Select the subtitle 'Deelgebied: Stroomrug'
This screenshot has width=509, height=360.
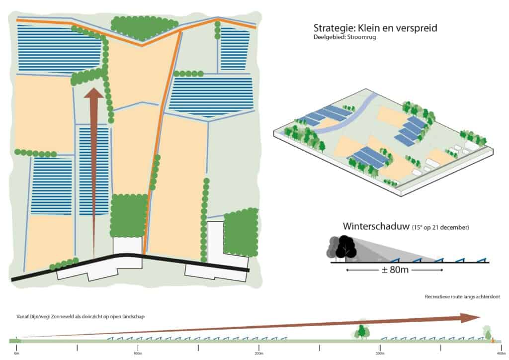coord(344,37)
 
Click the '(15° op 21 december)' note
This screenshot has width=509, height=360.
coord(440,228)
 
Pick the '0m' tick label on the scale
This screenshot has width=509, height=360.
coord(16,353)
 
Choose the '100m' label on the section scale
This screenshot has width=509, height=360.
coord(138,353)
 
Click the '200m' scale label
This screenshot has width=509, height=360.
coord(259,353)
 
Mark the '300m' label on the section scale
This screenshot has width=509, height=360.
coord(380,353)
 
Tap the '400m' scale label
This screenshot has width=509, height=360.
coord(501,353)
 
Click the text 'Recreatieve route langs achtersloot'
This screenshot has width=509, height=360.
coord(462,297)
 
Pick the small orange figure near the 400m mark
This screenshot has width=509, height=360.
coord(493,340)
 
